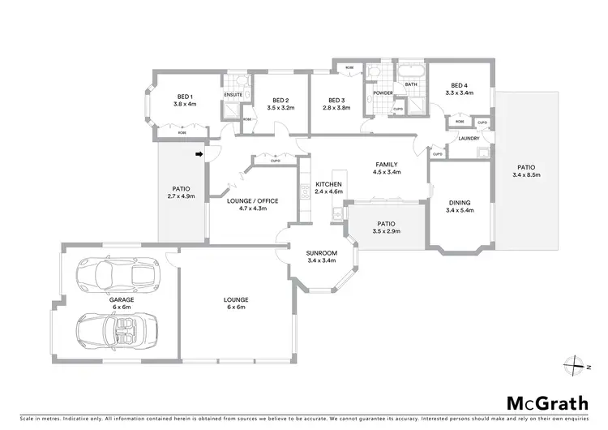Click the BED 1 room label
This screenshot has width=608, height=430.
tap(185, 97)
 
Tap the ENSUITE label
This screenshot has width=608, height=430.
tap(233, 94)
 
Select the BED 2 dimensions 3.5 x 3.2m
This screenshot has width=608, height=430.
tap(280, 107)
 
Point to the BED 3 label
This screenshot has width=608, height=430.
tap(336, 101)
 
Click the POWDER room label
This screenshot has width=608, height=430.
tap(383, 92)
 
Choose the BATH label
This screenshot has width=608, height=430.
tap(411, 84)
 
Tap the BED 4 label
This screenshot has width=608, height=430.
tap(459, 85)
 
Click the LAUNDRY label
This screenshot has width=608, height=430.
tap(469, 138)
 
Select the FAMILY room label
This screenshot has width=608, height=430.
tap(386, 165)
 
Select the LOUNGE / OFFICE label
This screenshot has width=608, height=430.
tap(248, 201)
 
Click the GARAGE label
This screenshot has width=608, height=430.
tap(122, 299)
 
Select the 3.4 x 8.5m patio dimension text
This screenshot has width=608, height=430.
tap(527, 174)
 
